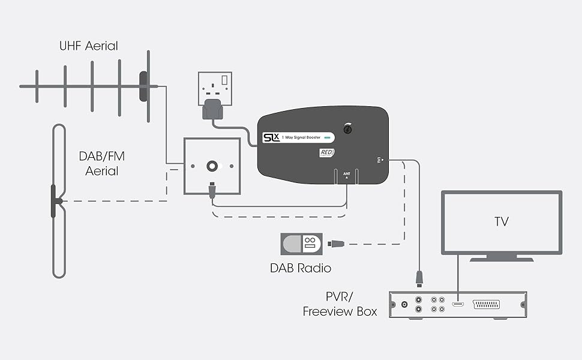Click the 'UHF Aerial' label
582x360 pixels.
point(88,46)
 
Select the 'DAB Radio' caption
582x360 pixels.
point(300,268)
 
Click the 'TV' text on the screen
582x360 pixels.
point(502,222)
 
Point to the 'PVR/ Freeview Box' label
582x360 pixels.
point(340,304)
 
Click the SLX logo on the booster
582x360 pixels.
point(272,137)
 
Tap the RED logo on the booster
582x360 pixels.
point(326,153)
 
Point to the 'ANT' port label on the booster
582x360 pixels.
point(346,174)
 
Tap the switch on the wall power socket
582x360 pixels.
point(226,80)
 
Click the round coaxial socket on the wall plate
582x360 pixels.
point(212,166)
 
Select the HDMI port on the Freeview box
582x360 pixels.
point(458,305)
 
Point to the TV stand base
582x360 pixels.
point(502,259)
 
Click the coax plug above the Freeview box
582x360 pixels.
point(419,277)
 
